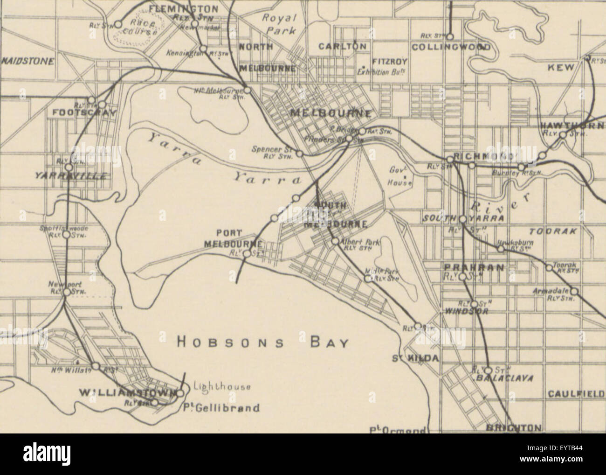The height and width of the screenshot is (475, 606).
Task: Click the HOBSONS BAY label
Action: coord(263,343)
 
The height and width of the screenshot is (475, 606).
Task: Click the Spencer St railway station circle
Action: coord(300,153)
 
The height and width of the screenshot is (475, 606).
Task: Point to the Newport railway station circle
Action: coord(67,292)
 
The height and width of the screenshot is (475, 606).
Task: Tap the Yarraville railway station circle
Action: coord(69,167)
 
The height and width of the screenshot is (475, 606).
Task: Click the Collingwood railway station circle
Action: coord(450,36)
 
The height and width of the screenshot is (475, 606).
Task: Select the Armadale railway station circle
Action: coord(574,291)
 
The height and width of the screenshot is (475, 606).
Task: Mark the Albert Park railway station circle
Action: coord(335,241)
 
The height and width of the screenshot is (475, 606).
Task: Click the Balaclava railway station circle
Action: coord(489,370)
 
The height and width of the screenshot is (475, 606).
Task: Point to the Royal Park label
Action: coord(279,24)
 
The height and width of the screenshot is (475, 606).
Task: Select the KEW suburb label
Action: coord(561,68)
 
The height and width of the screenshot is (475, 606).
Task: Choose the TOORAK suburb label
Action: coord(553,231)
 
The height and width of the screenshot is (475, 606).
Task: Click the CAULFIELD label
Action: coord(576,394)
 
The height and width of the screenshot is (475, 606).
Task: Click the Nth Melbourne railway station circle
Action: coord(248,91)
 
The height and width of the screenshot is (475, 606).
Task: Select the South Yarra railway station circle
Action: coord(462,218)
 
